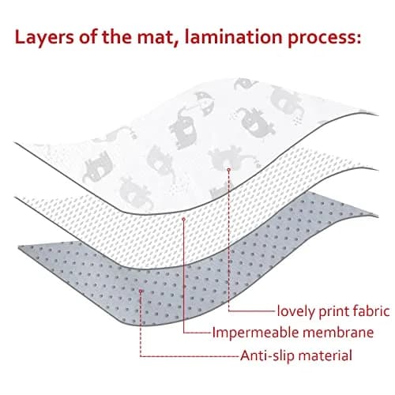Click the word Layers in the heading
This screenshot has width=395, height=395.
point(44,38)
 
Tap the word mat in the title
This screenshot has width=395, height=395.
point(152,37)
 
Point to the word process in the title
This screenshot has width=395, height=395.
point(324,39)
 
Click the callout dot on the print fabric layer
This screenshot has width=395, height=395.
point(229,170)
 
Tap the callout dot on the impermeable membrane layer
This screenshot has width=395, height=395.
point(184,219)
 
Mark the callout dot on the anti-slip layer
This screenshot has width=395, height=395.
point(141,291)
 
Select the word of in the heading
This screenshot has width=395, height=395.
point(88,37)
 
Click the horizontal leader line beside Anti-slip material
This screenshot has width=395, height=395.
point(190,356)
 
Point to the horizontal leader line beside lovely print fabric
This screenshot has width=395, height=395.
point(252,311)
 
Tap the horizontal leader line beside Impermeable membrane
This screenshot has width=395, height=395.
point(197,333)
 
